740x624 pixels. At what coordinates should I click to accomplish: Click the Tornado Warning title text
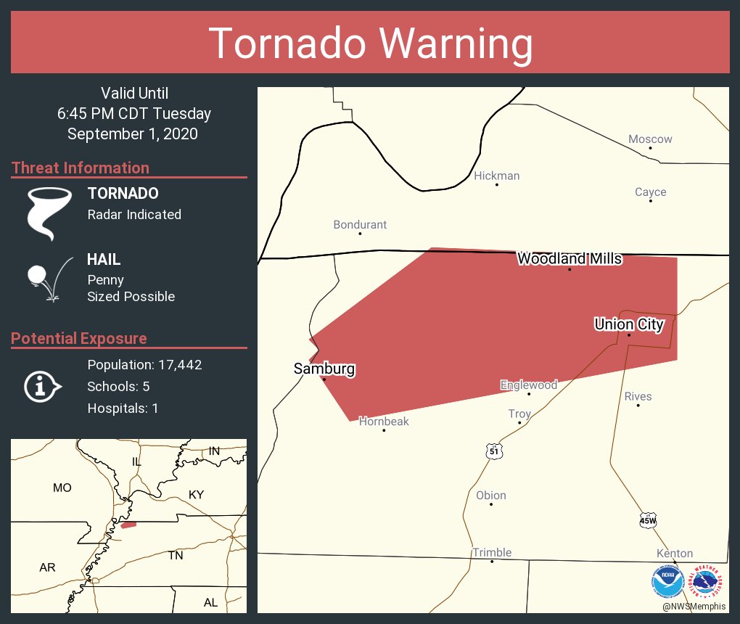(370, 44)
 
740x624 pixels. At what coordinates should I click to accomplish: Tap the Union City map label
(628, 324)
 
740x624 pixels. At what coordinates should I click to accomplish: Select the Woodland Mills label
(570, 258)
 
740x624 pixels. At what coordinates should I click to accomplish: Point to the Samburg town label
(324, 369)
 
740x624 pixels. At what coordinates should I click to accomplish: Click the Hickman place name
(496, 176)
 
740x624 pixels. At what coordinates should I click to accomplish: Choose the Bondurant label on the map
(360, 225)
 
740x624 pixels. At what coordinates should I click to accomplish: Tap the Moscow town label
(650, 139)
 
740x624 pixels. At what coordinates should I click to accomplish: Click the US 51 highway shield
(494, 451)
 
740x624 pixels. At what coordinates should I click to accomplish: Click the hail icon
(48, 279)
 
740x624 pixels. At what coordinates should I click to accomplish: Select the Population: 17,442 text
(144, 364)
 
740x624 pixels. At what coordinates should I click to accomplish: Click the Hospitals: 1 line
(123, 408)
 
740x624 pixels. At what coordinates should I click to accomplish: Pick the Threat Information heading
(81, 168)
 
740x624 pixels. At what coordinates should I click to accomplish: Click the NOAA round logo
(668, 581)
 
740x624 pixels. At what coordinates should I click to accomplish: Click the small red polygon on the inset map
(128, 525)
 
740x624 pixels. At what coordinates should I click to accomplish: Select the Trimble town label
(492, 552)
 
